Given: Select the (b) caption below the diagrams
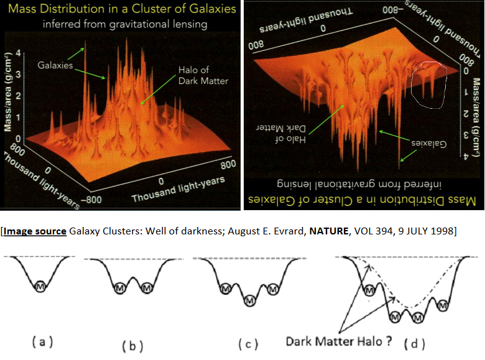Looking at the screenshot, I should (x=132, y=343).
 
